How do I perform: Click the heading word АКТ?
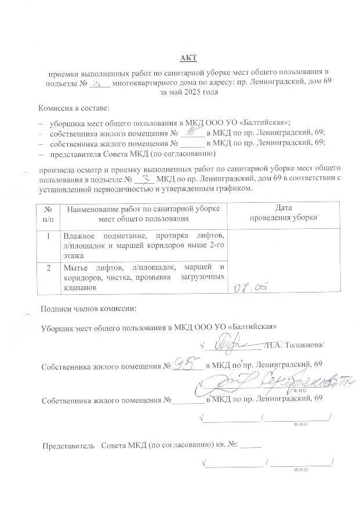[189, 57]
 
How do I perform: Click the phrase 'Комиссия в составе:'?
[74, 108]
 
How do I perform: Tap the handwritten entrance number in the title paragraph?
[100, 83]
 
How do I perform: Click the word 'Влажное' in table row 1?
[80, 236]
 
